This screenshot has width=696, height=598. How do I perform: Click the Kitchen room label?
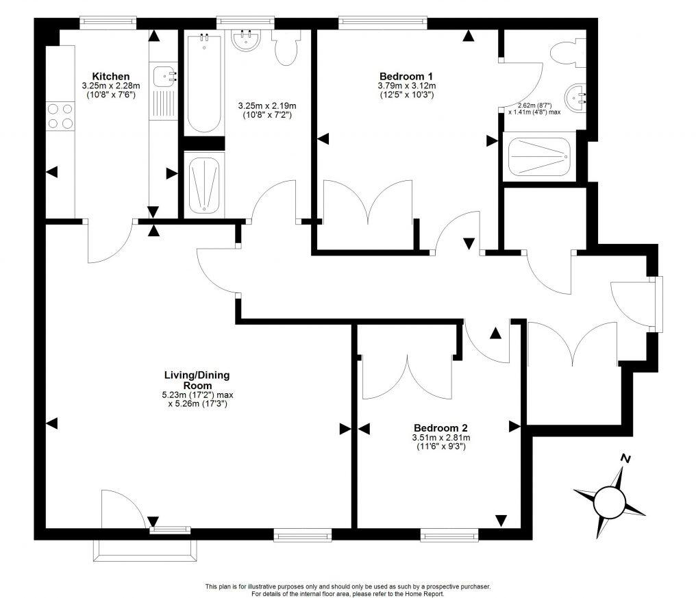(110, 76)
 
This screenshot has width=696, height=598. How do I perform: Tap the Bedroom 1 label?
(406, 76)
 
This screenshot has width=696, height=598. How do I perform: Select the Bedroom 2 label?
(440, 428)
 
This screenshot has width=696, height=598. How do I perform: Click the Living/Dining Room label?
(197, 379)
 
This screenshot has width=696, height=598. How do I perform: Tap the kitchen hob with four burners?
(60, 116)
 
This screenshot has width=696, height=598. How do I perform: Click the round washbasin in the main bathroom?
(246, 41)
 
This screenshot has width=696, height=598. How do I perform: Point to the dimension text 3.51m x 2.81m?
(440, 438)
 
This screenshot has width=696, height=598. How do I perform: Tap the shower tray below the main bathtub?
(204, 183)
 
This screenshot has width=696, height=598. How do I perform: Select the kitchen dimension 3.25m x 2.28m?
(110, 86)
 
